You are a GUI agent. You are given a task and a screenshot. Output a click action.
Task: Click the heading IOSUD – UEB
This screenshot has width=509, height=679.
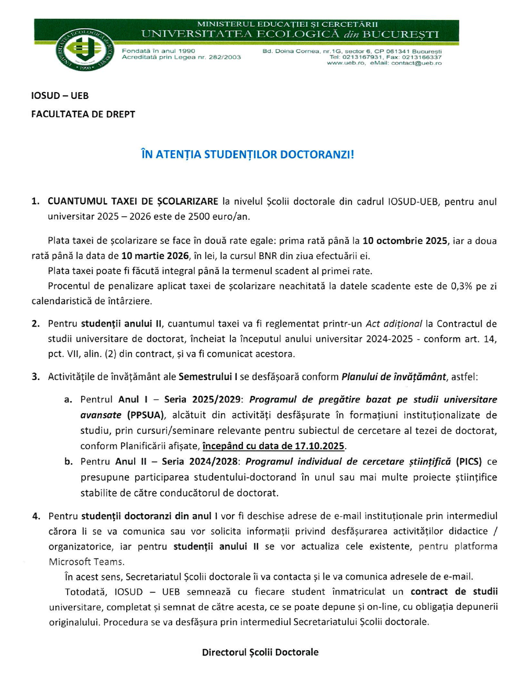60,96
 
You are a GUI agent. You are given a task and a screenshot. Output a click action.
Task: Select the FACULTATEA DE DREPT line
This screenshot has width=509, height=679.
83,114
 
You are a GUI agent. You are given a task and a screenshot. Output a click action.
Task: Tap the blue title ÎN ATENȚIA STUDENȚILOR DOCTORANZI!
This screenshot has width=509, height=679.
248,154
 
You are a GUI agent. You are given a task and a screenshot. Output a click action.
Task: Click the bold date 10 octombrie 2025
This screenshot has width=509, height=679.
405,241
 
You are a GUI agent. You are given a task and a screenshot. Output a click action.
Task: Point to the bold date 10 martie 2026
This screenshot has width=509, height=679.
155,256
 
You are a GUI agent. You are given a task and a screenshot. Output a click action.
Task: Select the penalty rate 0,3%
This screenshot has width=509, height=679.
461,286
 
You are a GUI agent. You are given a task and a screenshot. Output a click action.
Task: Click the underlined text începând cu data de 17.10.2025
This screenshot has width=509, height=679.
273,446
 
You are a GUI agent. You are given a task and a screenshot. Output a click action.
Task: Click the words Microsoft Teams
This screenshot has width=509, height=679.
86,562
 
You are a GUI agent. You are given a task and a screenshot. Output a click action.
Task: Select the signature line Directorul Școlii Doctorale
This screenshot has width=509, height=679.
260,652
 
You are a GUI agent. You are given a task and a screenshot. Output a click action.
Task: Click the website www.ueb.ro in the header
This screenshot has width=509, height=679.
346,63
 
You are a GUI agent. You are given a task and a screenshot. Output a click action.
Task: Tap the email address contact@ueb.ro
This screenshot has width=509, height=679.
416,63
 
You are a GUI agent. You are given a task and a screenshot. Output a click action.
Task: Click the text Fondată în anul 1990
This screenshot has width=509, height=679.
159,51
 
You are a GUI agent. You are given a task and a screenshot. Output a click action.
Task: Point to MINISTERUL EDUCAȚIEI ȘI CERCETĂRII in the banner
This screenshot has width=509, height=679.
287,24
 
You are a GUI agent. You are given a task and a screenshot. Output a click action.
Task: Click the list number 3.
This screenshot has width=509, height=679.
36,377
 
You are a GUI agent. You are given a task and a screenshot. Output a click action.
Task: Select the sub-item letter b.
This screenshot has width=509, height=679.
69,462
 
